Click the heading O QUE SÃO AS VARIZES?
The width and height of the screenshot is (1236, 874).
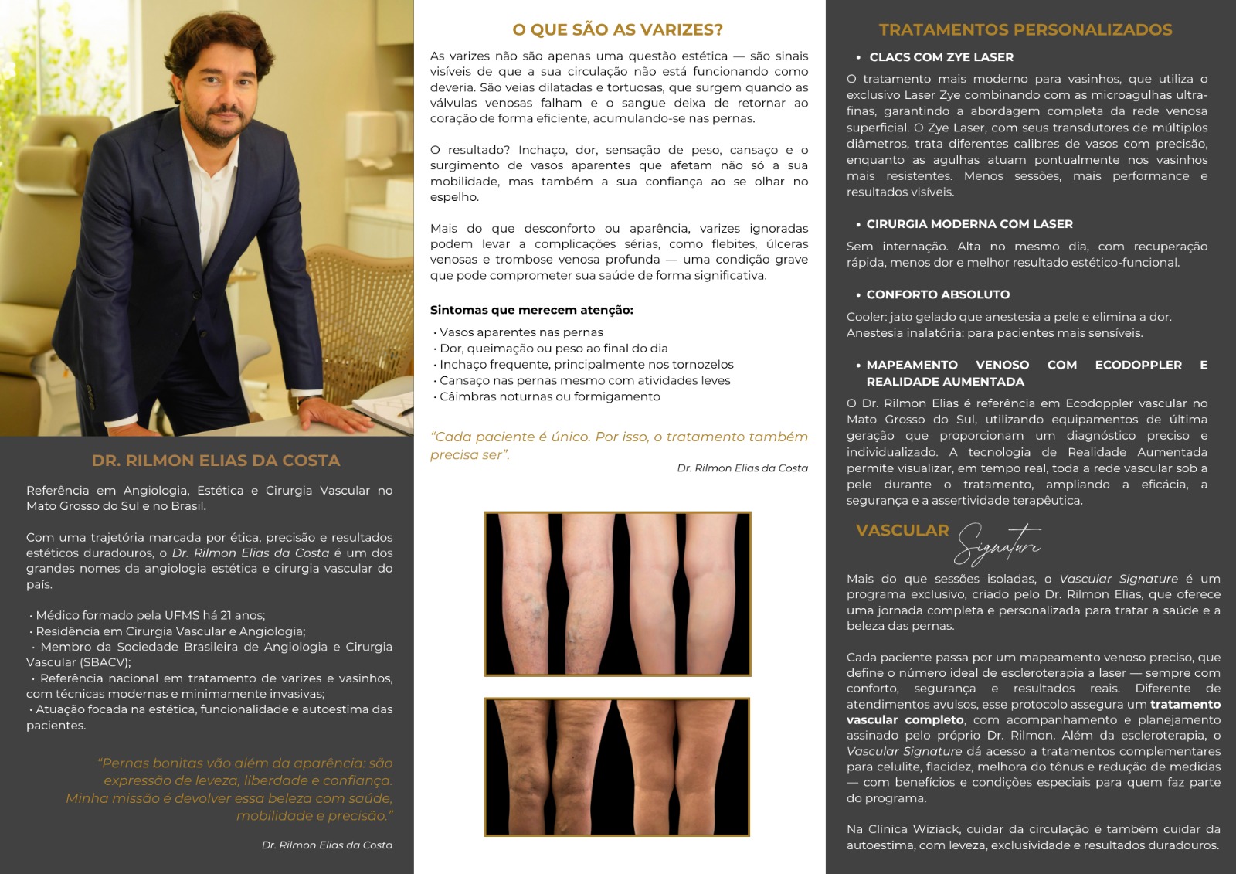click(x=618, y=30)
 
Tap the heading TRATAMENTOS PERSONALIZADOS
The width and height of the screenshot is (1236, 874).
click(x=1025, y=30)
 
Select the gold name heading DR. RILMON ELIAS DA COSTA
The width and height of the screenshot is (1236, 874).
click(x=216, y=461)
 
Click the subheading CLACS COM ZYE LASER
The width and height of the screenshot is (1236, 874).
click(x=941, y=57)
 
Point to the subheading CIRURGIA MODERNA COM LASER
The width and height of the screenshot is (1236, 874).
click(x=969, y=224)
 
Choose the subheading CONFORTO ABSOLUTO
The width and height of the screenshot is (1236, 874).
click(x=938, y=294)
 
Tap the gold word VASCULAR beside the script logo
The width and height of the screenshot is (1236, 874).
click(x=902, y=531)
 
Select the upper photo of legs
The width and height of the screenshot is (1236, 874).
click(x=617, y=593)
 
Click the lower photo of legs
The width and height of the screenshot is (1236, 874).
click(x=617, y=767)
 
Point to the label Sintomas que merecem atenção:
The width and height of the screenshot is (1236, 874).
click(x=531, y=310)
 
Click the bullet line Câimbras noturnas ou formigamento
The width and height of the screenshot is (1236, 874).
click(x=549, y=396)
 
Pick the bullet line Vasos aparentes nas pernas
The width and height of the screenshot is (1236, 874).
click(x=521, y=332)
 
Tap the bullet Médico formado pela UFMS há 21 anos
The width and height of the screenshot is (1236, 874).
click(x=150, y=615)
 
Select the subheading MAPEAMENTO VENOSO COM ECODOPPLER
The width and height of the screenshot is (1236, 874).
click(x=1024, y=365)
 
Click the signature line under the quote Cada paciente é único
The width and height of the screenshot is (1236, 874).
click(x=742, y=468)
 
